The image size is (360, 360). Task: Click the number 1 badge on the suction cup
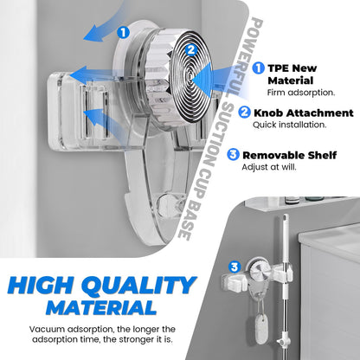[123, 32]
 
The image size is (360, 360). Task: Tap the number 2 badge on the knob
[191, 50]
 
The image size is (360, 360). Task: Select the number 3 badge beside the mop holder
[235, 267]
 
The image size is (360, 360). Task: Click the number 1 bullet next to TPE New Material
[258, 68]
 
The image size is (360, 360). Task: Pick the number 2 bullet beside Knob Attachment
[244, 112]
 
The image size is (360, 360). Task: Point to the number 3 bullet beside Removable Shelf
[233, 155]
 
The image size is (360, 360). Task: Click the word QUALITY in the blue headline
[138, 286]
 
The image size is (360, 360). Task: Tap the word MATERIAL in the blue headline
[100, 307]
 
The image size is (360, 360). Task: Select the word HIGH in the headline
[42, 286]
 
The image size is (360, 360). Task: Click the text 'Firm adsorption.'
[301, 93]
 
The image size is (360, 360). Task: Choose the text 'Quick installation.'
[290, 125]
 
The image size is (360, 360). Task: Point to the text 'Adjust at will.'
[269, 167]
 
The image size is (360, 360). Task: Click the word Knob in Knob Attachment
[268, 112]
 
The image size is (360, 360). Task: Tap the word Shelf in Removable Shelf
[322, 155]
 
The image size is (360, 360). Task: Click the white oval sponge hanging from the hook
[262, 329]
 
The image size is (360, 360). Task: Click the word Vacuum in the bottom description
[46, 329]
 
